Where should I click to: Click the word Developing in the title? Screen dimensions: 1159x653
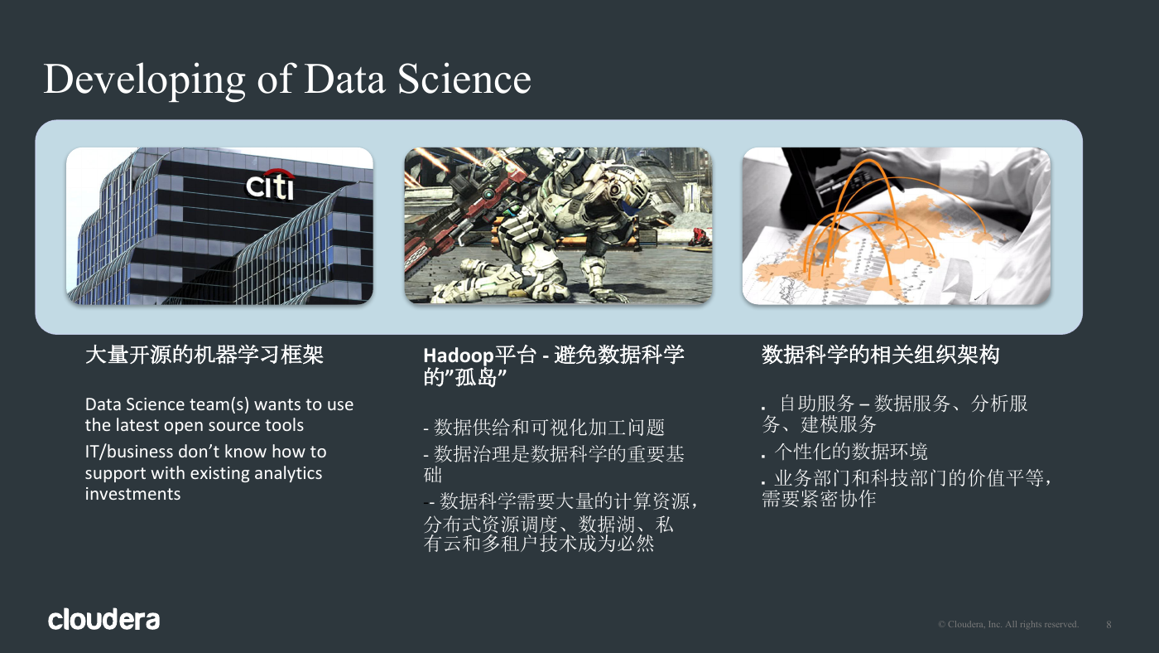[144, 80]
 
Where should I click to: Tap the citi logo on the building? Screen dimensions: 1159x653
[270, 184]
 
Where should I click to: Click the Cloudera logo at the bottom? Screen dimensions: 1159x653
[104, 619]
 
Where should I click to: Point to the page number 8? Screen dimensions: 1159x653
[1109, 625]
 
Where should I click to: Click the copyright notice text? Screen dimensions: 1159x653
[1008, 624]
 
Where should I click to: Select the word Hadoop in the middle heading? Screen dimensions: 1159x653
[459, 356]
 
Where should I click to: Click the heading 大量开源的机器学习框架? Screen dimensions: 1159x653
[204, 355]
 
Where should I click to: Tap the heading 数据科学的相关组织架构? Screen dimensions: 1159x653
[880, 355]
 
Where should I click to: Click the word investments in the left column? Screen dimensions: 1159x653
[133, 494]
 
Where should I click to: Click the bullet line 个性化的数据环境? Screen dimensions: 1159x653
[851, 452]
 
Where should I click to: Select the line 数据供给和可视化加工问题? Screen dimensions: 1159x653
[549, 428]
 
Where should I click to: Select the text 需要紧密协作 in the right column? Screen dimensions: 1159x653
[819, 499]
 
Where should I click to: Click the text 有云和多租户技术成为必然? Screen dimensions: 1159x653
[539, 544]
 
